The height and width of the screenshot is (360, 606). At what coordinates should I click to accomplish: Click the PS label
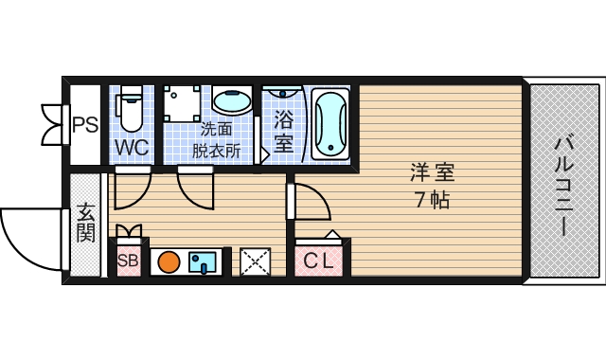click(x=85, y=124)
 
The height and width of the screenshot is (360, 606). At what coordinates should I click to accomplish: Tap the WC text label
click(x=132, y=148)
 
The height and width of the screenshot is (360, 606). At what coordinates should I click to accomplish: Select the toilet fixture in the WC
click(x=131, y=108)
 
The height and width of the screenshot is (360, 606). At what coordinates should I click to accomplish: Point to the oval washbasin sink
click(x=231, y=99)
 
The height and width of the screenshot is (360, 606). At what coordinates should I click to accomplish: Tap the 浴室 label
click(x=283, y=131)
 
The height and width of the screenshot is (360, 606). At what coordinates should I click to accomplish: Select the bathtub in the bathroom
click(x=330, y=124)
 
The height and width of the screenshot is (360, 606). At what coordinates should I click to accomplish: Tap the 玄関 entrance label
click(x=85, y=223)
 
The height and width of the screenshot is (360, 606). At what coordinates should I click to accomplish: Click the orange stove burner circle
click(x=169, y=261)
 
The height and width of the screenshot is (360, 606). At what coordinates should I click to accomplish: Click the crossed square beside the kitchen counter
click(x=255, y=261)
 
